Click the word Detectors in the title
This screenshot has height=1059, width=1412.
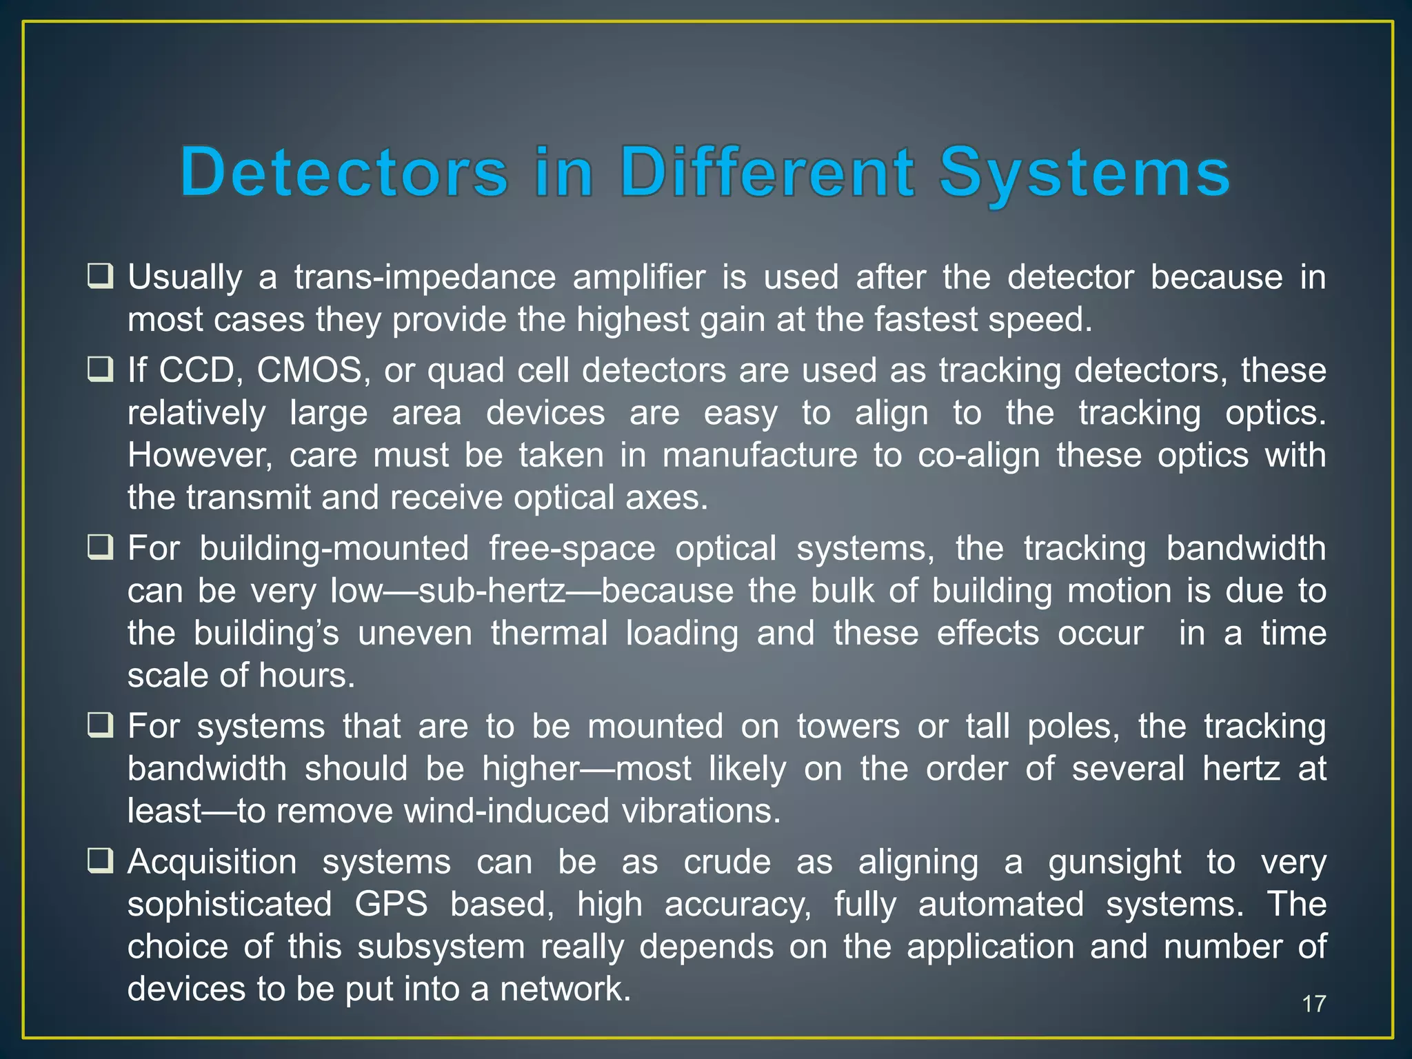(344, 172)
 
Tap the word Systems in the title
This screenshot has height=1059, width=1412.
(1085, 172)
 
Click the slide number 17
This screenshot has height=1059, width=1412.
(1314, 1004)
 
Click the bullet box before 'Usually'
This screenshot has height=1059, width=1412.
(100, 277)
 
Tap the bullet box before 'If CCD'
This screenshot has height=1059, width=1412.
(100, 370)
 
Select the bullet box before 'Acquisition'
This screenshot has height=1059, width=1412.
(100, 862)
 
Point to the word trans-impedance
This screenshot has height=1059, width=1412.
(425, 279)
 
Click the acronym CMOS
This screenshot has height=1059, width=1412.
(310, 371)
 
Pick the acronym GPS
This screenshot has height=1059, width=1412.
(391, 904)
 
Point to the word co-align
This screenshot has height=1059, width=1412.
(978, 456)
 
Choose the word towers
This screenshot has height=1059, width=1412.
(848, 727)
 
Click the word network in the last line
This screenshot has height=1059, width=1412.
(565, 989)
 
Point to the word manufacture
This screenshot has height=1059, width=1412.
(760, 456)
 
